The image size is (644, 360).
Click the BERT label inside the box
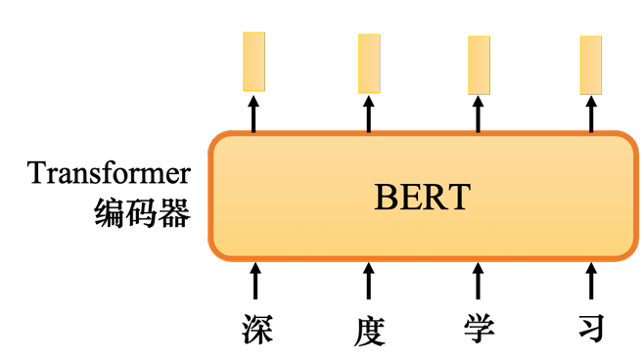[x=422, y=197]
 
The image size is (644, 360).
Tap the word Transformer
[x=109, y=173]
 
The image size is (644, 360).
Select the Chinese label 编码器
[x=142, y=212]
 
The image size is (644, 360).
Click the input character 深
[x=257, y=330]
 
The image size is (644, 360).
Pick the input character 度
[x=369, y=332]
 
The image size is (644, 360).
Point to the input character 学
[x=479, y=329]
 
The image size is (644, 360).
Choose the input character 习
[x=592, y=328]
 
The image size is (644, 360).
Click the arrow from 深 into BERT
[x=255, y=281]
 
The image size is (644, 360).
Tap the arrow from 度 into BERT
[x=369, y=281]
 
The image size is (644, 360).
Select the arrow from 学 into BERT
[x=478, y=281]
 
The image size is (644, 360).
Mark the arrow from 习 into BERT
[x=591, y=281]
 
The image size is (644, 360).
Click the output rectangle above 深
[x=253, y=62]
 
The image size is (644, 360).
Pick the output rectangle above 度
[x=369, y=64]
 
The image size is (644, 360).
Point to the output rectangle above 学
[x=479, y=66]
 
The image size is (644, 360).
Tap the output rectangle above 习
[x=591, y=66]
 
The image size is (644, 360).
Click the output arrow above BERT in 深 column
[x=253, y=114]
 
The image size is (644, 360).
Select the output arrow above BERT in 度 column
[x=369, y=114]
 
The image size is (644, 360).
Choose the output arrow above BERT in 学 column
[x=478, y=114]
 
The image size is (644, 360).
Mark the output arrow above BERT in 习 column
[x=591, y=114]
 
